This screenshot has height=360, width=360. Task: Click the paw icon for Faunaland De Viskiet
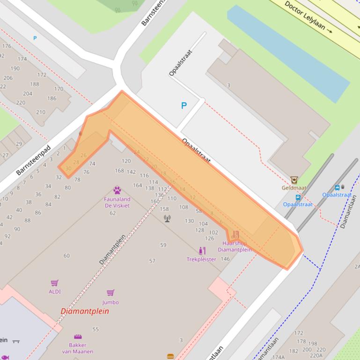tap(117, 190)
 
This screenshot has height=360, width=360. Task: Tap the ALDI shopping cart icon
tap(54, 283)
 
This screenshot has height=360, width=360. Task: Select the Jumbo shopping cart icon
tap(110, 293)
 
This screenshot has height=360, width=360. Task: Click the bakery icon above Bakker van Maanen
tap(78, 337)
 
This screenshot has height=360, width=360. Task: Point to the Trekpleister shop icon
tap(202, 251)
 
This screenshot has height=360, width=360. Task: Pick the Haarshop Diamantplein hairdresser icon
tap(235, 234)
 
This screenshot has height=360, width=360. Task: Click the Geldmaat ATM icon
tap(294, 180)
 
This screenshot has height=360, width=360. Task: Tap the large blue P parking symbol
tap(184, 106)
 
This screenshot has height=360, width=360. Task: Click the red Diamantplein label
tap(85, 311)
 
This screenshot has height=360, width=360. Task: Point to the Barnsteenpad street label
tap(33, 160)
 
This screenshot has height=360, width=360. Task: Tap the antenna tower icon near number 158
tap(167, 218)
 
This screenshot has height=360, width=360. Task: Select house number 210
tap(41, 112)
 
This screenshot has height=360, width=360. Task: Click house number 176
tap(7, 46)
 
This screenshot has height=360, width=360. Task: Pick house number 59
tap(163, 245)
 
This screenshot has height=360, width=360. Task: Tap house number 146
tap(225, 259)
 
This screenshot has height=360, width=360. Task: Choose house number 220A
tap(316, 355)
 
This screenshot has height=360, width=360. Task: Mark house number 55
tap(96, 330)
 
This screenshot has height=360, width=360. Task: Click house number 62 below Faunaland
tap(113, 213)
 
